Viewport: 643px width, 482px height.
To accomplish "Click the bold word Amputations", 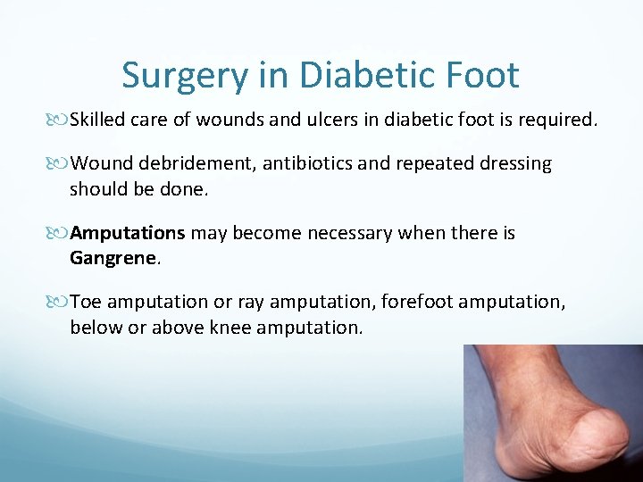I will pyautogui.click(x=128, y=234).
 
